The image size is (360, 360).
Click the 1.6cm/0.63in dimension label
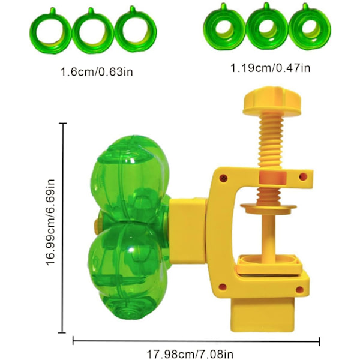[x=97, y=72]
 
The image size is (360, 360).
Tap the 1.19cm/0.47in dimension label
[x=270, y=68]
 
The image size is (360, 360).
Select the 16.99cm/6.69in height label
[x=50, y=222]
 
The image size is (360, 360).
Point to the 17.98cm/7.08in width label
[x=190, y=354]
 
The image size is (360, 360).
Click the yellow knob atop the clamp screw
[x=272, y=100]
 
